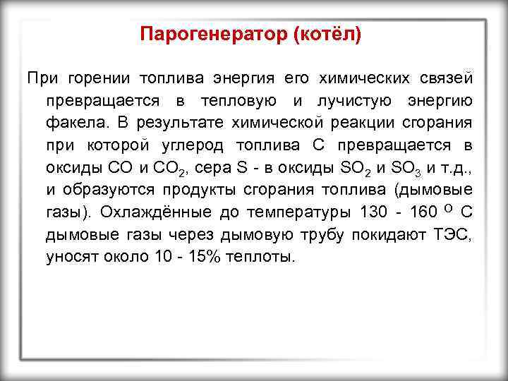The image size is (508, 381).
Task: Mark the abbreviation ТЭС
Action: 454,234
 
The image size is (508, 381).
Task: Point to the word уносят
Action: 69,257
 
